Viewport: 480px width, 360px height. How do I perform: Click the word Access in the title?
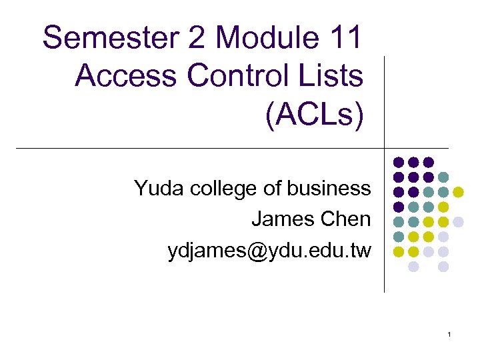tap(126, 76)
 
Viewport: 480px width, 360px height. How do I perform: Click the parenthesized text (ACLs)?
tap(315, 115)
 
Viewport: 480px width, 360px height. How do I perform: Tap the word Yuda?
tap(159, 189)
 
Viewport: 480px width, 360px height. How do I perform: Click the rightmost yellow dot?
tap(458, 192)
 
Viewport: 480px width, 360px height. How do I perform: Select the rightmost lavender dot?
tap(458, 222)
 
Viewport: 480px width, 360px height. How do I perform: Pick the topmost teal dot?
tap(443, 177)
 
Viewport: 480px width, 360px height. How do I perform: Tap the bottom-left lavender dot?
tap(413, 267)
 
